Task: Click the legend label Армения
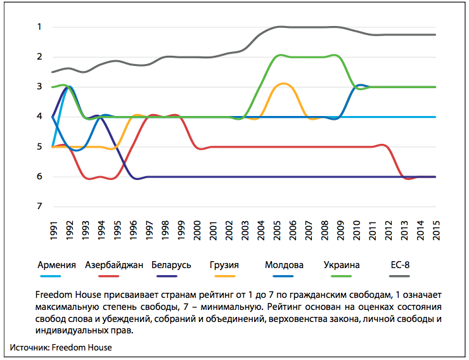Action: [x=57, y=265]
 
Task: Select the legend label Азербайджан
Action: [x=114, y=265]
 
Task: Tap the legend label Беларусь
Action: [x=171, y=265]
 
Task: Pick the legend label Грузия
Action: [x=224, y=265]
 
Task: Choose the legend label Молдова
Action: [x=284, y=265]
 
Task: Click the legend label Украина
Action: [x=341, y=265]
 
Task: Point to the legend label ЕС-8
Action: [x=400, y=265]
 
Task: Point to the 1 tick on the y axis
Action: [x=39, y=27]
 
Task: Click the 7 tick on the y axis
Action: [x=39, y=207]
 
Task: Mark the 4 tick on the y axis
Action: [x=39, y=117]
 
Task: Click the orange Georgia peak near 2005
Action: [x=283, y=84]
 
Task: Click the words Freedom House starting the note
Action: [x=64, y=297]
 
